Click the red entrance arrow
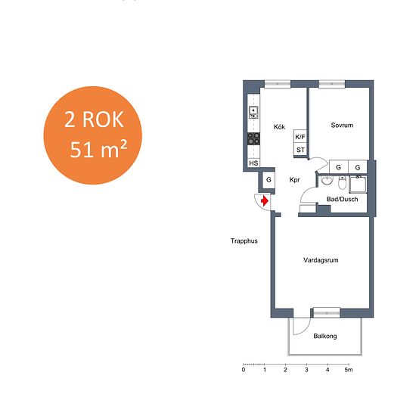pyautogui.click(x=265, y=201)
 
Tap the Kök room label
pyautogui.click(x=279, y=127)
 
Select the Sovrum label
pyautogui.click(x=342, y=126)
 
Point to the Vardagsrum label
pyautogui.click(x=321, y=260)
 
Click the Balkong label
pyautogui.click(x=325, y=336)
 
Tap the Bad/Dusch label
pyautogui.click(x=342, y=199)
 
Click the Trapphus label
pyautogui.click(x=244, y=241)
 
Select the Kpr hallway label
pyautogui.click(x=294, y=180)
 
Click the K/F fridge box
pyautogui.click(x=300, y=137)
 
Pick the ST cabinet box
pyautogui.click(x=300, y=150)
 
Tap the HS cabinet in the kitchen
pyautogui.click(x=253, y=163)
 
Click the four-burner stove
pyautogui.click(x=253, y=138)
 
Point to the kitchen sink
pyautogui.click(x=253, y=113)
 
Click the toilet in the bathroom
pyautogui.click(x=342, y=183)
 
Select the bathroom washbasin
pyautogui.click(x=327, y=181)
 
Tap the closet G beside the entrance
pyautogui.click(x=269, y=180)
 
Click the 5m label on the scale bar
pyautogui.click(x=349, y=370)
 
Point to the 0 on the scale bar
pyautogui.click(x=244, y=370)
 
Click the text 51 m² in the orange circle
pyautogui.click(x=98, y=149)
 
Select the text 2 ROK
pyautogui.click(x=94, y=120)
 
